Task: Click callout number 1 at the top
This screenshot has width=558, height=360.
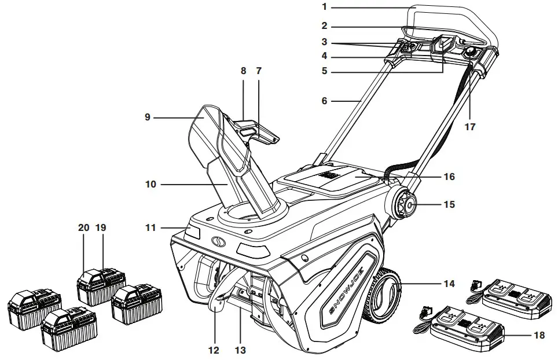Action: tap(325, 8)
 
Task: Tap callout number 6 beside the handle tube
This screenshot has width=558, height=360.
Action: tap(325, 101)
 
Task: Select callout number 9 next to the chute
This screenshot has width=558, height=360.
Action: tap(148, 117)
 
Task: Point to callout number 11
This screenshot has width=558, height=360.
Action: tap(150, 228)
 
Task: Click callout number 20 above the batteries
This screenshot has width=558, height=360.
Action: tap(84, 228)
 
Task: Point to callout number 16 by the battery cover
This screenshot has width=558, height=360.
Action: tap(450, 177)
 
